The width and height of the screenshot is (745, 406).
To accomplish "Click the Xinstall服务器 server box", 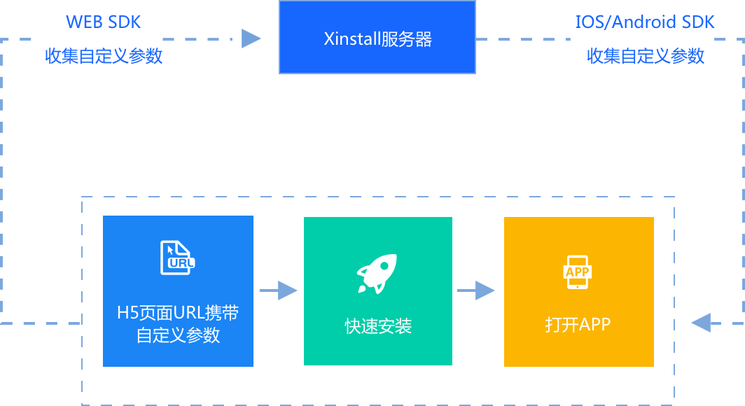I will pos(377,37).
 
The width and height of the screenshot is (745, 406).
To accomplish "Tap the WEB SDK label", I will pos(104,22).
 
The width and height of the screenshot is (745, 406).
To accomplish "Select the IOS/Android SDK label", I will pos(645,22).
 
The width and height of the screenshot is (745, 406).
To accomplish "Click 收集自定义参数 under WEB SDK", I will pos(104,56).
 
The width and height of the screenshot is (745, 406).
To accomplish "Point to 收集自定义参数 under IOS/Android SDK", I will pos(645,56).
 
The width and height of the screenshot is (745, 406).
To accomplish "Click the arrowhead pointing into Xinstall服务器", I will pos(251,38).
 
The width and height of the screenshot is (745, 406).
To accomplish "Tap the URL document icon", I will pos(177,258).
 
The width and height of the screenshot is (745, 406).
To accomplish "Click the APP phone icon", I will pos(578,272).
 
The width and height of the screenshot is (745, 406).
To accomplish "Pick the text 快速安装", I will pos(377,326).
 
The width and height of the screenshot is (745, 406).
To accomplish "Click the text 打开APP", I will pos(578,325).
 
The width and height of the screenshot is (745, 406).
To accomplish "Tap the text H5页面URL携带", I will pos(178,313).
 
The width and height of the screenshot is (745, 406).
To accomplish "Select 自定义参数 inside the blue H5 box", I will pos(178,335).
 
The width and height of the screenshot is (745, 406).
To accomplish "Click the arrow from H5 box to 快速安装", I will pos(279,290).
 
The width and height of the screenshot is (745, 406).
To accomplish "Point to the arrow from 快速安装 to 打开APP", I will pos(476,290).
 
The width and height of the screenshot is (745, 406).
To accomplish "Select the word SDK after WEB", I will pos(125,22).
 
